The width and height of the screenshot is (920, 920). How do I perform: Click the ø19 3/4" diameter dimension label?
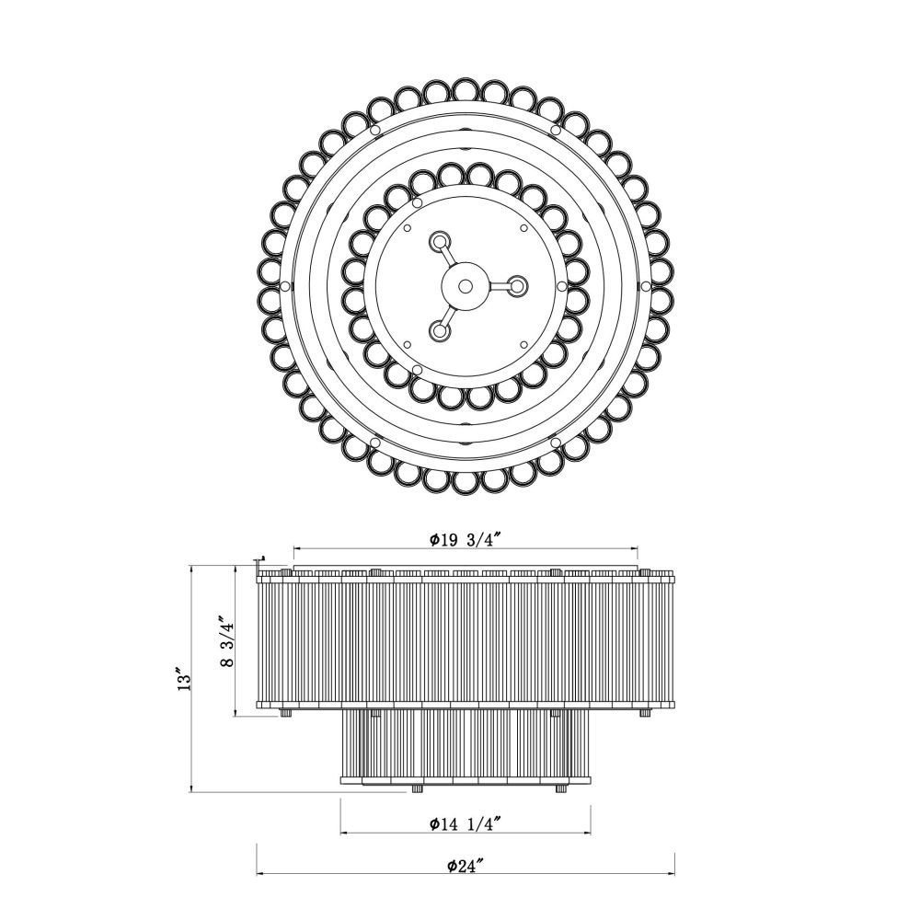tap(465, 539)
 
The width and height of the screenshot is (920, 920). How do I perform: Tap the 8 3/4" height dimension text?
tap(227, 641)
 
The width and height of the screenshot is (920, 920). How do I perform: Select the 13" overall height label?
tap(184, 678)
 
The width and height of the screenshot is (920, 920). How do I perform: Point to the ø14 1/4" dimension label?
tap(465, 823)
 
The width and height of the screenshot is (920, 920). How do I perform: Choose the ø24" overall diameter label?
tap(466, 866)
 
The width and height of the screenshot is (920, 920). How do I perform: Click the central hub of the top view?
tap(466, 286)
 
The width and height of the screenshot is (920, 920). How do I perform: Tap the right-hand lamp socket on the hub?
tap(517, 286)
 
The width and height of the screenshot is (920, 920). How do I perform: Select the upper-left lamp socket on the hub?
tap(439, 240)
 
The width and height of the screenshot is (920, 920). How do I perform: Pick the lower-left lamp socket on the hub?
tap(439, 331)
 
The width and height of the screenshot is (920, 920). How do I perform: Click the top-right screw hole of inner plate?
tap(523, 228)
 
